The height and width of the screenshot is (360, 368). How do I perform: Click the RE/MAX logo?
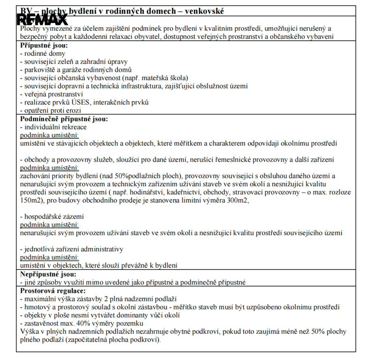42,20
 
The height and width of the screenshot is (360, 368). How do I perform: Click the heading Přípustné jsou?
44,45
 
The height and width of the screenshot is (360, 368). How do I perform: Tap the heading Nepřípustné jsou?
48,274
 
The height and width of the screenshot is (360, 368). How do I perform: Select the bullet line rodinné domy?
40,53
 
